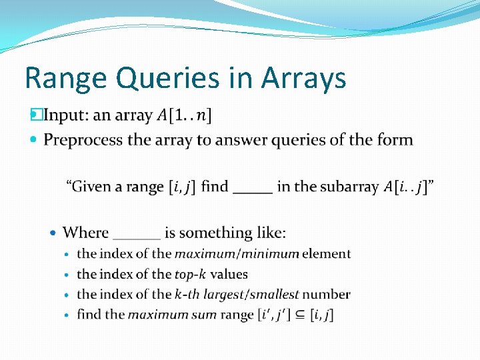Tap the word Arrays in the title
pyautogui.click(x=303, y=79)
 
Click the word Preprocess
pyautogui.click(x=83, y=140)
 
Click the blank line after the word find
pyautogui.click(x=253, y=188)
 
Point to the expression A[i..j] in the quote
pyautogui.click(x=407, y=187)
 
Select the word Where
pyautogui.click(x=85, y=233)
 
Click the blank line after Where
pyautogui.click(x=137, y=235)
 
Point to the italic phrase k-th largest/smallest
pyautogui.click(x=237, y=294)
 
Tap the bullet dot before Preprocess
pyautogui.click(x=35, y=140)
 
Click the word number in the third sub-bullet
pyautogui.click(x=327, y=294)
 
